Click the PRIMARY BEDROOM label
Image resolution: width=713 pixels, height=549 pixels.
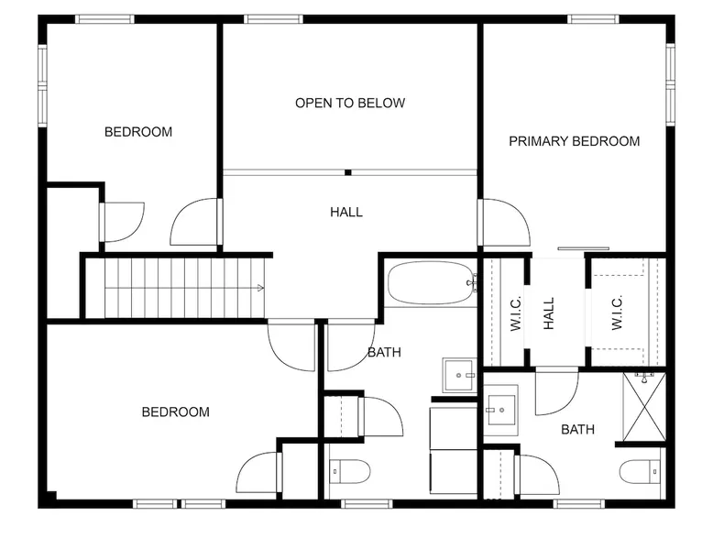[x=574, y=141]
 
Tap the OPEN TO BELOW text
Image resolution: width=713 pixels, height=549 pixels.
[x=350, y=103]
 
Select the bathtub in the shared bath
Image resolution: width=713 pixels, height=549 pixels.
[x=431, y=282]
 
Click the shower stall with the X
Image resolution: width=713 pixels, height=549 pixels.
[x=644, y=407]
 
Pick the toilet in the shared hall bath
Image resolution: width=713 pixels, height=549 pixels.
[x=349, y=471]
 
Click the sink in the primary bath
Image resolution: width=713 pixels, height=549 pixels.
[x=500, y=410]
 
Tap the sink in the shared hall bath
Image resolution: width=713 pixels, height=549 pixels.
[x=459, y=375]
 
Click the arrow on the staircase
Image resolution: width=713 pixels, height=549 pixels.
[x=260, y=288]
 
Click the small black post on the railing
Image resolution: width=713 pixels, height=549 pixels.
[x=348, y=172]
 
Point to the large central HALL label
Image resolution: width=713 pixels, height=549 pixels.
[x=346, y=212]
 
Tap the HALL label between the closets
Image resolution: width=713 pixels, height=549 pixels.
[x=549, y=313]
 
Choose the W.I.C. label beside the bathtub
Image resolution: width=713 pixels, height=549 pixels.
[x=516, y=313]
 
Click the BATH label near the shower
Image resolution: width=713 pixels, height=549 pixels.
[x=577, y=429]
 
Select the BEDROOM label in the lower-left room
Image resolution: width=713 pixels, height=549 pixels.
[x=176, y=412]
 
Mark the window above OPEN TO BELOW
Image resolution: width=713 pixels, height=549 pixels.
[x=273, y=19]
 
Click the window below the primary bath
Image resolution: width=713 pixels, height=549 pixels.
[x=579, y=504]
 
